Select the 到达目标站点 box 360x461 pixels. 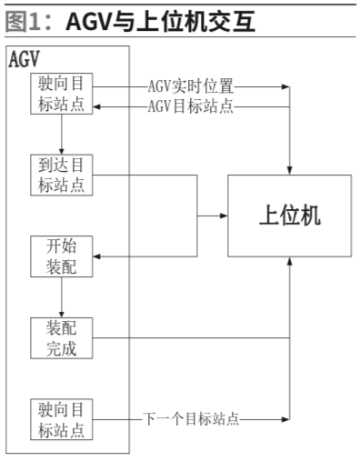pos(61,174)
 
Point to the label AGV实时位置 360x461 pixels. pos(191,87)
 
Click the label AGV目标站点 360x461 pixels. pos(191,106)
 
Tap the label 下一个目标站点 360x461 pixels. pos(195,419)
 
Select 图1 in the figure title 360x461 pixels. pos(27,19)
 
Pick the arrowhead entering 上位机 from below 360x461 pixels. pos(289,261)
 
